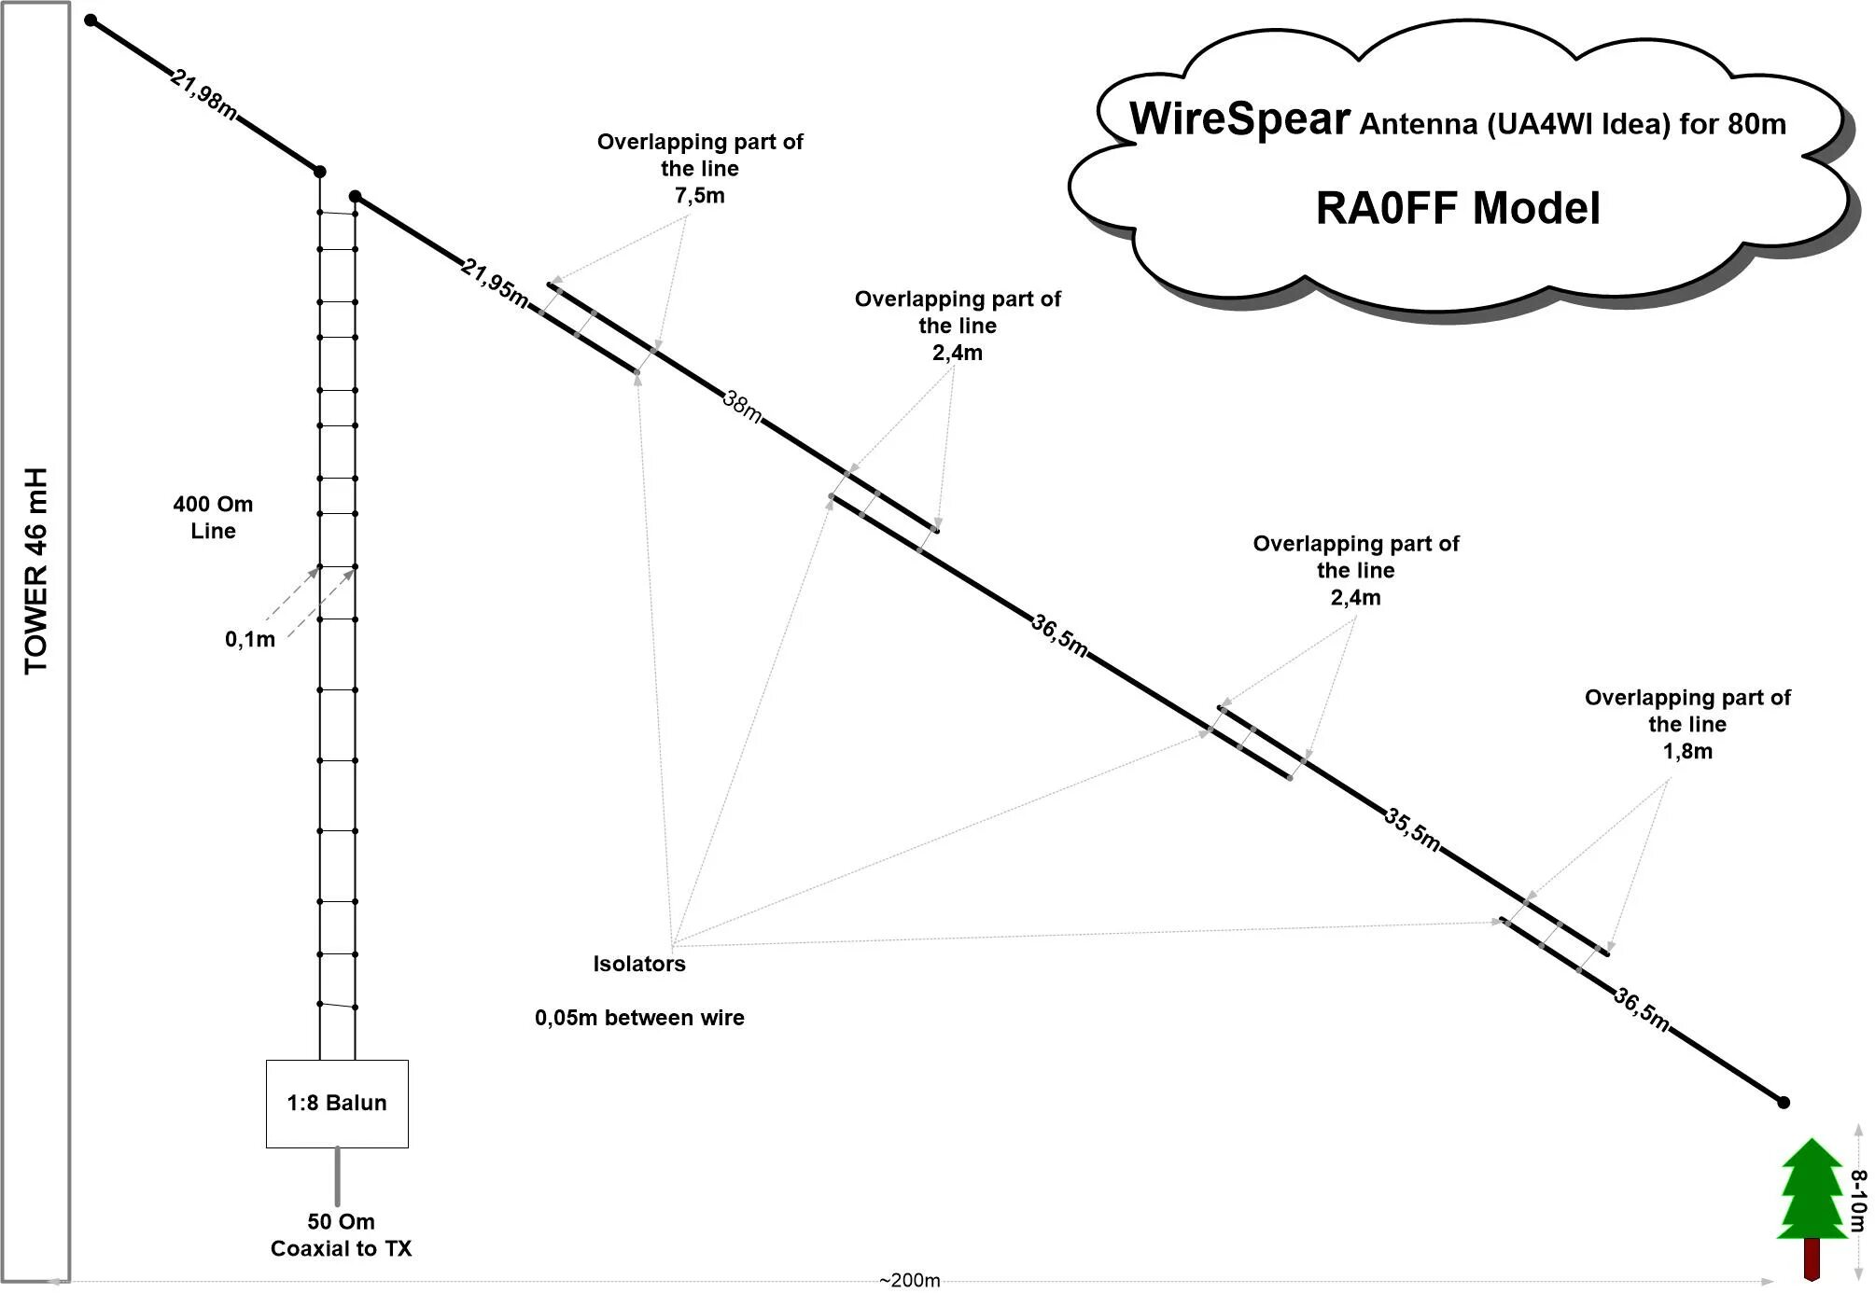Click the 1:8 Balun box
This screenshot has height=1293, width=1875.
[x=337, y=1103]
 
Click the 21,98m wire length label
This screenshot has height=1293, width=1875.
[x=203, y=94]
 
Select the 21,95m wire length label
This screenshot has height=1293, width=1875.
[x=495, y=282]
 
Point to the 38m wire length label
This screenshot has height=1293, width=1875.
[x=742, y=407]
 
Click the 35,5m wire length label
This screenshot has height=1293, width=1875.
[x=1412, y=828]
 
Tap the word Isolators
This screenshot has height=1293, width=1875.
[x=639, y=964]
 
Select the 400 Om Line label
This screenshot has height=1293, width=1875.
[x=213, y=518]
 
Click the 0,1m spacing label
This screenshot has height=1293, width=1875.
[x=249, y=639]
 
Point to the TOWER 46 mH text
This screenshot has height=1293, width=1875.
[x=35, y=571]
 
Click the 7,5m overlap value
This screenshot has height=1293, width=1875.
[x=699, y=196]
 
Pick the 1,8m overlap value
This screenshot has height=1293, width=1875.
[x=1687, y=751]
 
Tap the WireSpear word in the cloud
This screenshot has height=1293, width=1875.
[x=1239, y=119]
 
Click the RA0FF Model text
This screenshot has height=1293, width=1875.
[x=1458, y=208]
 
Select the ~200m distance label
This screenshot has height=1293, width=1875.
[x=909, y=1280]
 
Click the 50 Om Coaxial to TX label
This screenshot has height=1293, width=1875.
[x=341, y=1235]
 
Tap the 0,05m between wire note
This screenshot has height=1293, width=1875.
[x=639, y=1018]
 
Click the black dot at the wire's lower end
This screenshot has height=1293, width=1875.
[x=1783, y=1102]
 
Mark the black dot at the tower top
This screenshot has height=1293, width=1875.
[x=91, y=20]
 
